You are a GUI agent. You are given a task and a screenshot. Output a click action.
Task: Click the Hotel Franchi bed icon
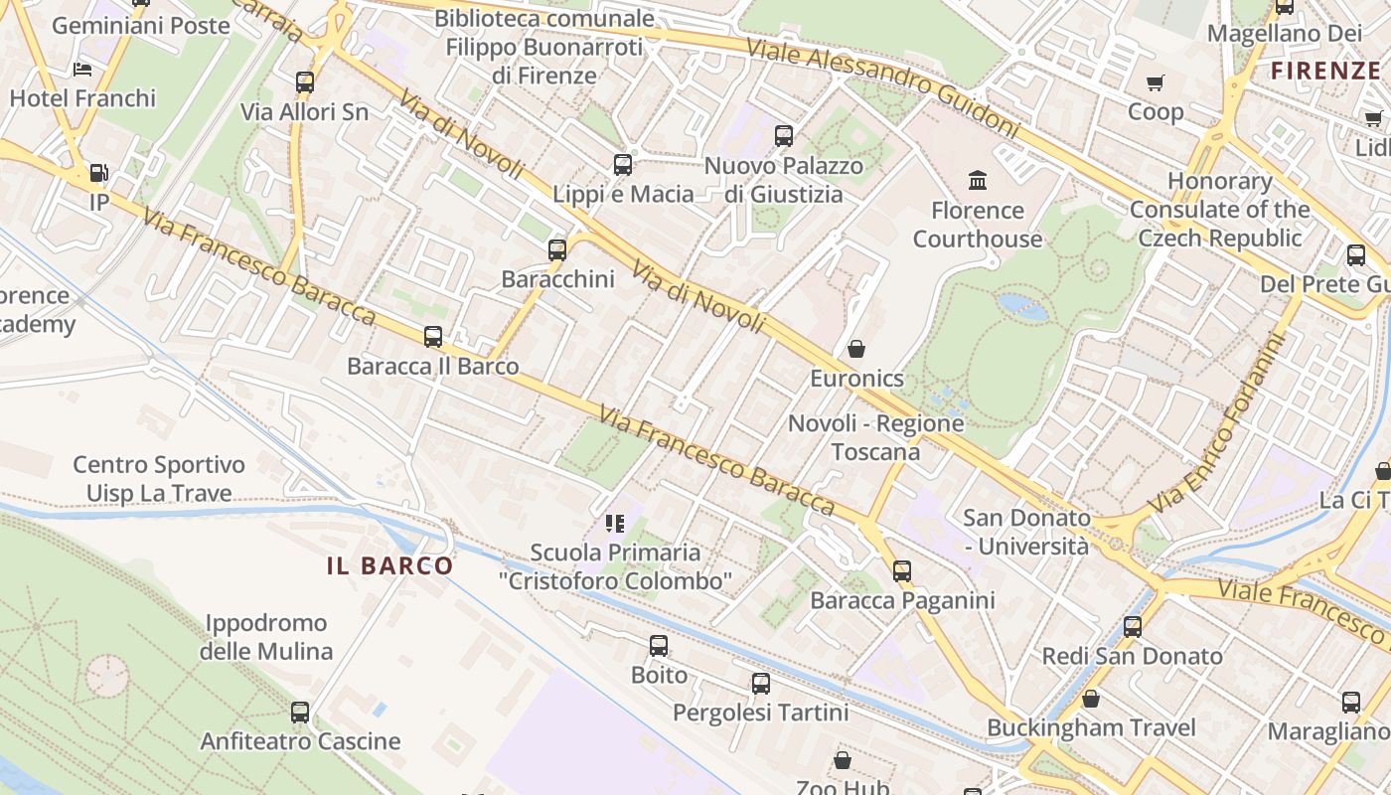(x=83, y=70)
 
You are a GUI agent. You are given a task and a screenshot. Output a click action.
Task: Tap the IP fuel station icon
(x=98, y=173)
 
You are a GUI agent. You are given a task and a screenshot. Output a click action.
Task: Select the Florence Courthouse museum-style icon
(x=978, y=181)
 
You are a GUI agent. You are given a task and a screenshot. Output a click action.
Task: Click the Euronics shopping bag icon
(x=855, y=349)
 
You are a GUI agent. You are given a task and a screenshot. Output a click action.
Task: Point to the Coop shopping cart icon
(x=1155, y=82)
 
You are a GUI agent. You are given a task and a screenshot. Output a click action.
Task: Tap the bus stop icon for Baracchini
(x=557, y=249)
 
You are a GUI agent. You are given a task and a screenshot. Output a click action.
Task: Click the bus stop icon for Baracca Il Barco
(x=433, y=337)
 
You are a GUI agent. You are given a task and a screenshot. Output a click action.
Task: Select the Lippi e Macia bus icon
(x=623, y=165)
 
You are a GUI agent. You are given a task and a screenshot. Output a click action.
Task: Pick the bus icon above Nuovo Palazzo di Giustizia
(x=784, y=135)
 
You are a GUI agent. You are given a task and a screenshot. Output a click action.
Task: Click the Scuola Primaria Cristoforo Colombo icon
(x=615, y=523)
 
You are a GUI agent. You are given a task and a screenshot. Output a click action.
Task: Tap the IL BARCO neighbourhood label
(x=389, y=566)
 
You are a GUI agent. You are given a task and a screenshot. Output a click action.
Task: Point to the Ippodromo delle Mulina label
(x=265, y=637)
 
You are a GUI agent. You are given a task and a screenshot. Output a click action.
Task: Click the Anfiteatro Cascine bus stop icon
(x=300, y=712)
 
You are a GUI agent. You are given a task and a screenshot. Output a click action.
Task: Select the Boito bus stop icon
(x=659, y=646)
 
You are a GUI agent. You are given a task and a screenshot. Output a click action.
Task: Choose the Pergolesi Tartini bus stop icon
(x=761, y=684)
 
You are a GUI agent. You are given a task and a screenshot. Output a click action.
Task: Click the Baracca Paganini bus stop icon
(x=902, y=570)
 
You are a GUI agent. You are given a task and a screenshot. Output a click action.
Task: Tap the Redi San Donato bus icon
(x=1133, y=627)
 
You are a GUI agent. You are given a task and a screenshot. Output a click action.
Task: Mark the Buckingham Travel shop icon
(x=1091, y=699)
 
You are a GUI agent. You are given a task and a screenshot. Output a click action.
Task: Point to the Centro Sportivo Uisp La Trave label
(x=159, y=479)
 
